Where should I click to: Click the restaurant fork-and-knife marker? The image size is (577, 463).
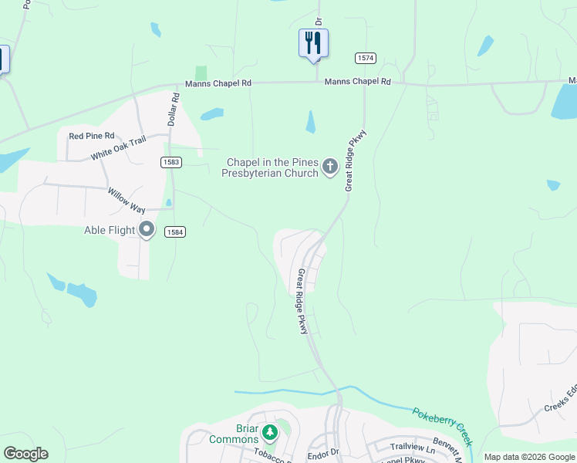pyautogui.click(x=313, y=42)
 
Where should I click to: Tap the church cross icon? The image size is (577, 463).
pyautogui.click(x=330, y=166)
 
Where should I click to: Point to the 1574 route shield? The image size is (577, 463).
pyautogui.click(x=366, y=58)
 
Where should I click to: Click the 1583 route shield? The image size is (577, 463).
pyautogui.click(x=171, y=161)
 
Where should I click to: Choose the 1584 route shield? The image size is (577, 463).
pyautogui.click(x=175, y=231)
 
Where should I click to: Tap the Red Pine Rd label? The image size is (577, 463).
pyautogui.click(x=91, y=136)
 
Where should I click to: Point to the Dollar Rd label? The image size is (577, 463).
pyautogui.click(x=174, y=110)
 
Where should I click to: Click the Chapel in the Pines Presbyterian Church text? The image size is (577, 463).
pyautogui.click(x=272, y=167)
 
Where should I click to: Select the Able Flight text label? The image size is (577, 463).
pyautogui.click(x=110, y=230)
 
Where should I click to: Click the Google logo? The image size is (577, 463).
pyautogui.click(x=25, y=454)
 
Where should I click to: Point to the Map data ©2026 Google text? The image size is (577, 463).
pyautogui.click(x=529, y=457)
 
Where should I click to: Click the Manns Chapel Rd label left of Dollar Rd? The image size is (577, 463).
pyautogui.click(x=218, y=83)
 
